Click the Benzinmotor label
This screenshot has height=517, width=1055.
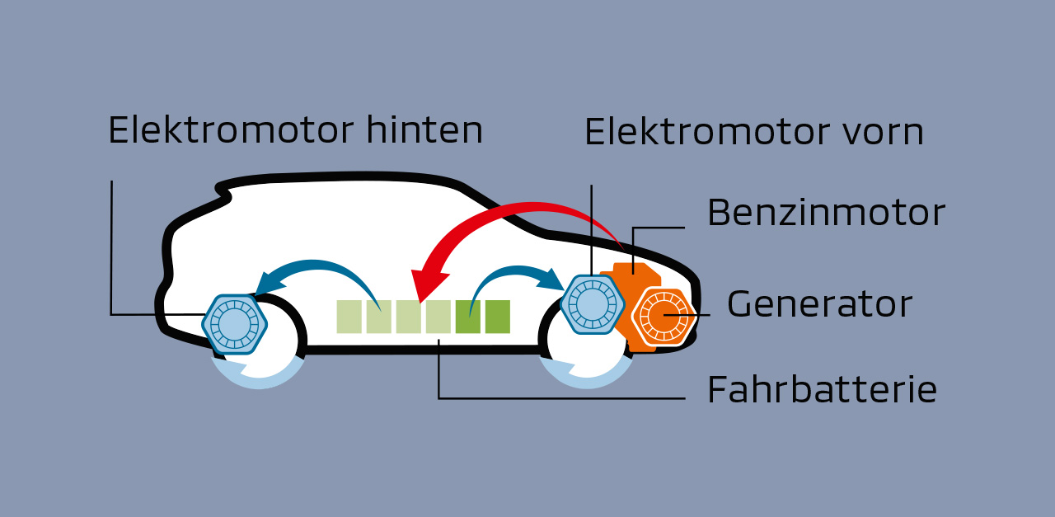pyautogui.click(x=825, y=213)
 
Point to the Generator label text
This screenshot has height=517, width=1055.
pyautogui.click(x=819, y=304)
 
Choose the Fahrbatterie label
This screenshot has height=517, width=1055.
pyautogui.click(x=822, y=389)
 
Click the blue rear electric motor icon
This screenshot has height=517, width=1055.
pyautogui.click(x=234, y=322)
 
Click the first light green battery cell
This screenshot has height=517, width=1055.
pyautogui.click(x=349, y=317)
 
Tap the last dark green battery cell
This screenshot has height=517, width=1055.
pyautogui.click(x=498, y=317)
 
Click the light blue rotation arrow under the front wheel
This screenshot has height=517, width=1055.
pyautogui.click(x=586, y=376)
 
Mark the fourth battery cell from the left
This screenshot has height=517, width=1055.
pyautogui.click(x=438, y=317)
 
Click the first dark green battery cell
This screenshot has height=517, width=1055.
pyautogui.click(x=468, y=317)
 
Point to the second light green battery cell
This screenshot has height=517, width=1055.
pyautogui.click(x=379, y=317)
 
